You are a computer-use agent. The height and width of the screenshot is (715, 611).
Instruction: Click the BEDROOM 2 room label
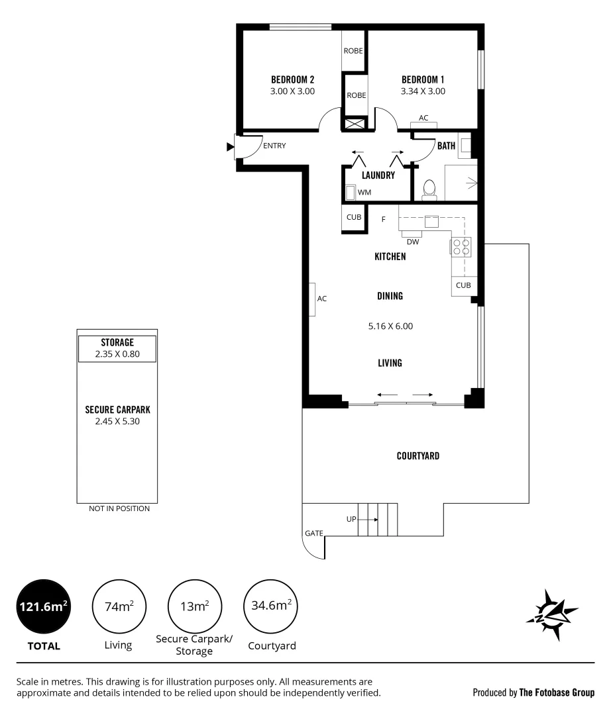[x=292, y=79]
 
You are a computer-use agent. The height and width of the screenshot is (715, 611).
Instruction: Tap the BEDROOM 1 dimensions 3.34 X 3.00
[x=423, y=91]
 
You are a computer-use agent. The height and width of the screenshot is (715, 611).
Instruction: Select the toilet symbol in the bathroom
[x=429, y=189]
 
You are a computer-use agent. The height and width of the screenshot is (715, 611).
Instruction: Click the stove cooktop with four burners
[x=461, y=247]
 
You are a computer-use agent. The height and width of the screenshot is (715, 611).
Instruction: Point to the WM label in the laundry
[x=364, y=192]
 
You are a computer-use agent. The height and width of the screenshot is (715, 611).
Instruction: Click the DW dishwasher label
[x=412, y=242]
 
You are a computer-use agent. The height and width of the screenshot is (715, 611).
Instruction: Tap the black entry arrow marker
[x=230, y=146]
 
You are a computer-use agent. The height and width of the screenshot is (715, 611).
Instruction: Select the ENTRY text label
[x=274, y=146]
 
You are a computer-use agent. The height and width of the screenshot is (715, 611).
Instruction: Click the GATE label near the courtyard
[x=313, y=532]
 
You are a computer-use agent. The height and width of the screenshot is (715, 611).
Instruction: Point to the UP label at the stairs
[x=351, y=519]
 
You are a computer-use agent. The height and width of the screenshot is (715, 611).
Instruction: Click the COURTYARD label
[x=418, y=455]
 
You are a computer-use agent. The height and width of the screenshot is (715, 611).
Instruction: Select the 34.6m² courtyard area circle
[x=272, y=606]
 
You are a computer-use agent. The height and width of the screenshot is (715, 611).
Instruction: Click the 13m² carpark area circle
[x=195, y=606]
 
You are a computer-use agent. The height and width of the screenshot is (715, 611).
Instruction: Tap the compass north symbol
[x=552, y=614]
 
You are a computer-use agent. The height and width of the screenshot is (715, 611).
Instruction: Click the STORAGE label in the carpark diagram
[x=117, y=342]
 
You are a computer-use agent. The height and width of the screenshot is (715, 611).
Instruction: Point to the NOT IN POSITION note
[x=119, y=508]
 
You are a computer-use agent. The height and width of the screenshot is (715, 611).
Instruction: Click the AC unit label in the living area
[x=321, y=299]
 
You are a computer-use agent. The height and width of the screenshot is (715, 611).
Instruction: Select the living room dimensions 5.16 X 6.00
[x=390, y=326]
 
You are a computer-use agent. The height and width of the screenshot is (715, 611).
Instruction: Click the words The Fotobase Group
[x=557, y=692]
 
